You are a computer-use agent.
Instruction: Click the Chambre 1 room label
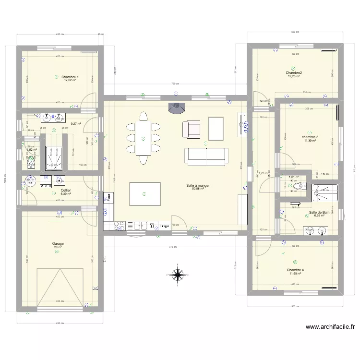(70, 77)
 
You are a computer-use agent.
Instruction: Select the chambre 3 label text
(310, 137)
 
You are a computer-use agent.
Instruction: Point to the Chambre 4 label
(295, 270)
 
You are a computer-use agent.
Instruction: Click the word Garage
(58, 243)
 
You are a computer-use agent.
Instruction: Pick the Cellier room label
(66, 191)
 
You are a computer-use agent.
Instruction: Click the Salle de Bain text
(319, 212)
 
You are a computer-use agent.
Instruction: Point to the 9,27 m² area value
(76, 123)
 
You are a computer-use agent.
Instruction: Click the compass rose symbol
(178, 275)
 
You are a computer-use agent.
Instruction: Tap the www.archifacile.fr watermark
(330, 327)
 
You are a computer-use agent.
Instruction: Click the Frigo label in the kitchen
(164, 225)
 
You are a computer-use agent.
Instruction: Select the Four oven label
(109, 196)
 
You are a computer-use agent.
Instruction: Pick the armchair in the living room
(191, 129)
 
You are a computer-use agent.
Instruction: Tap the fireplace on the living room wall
(176, 108)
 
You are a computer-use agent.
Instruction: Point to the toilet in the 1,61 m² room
(300, 186)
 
